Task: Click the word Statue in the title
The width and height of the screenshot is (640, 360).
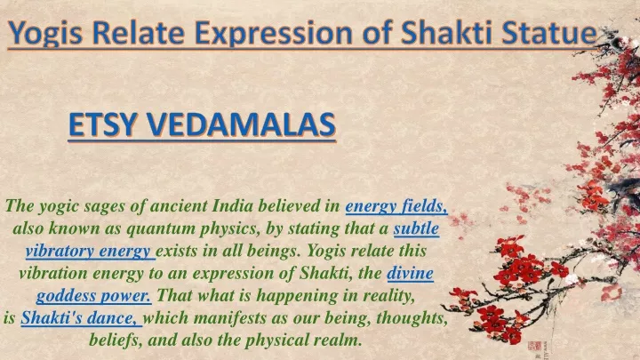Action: coord(549,33)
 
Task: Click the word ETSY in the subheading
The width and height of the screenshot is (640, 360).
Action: coord(101,124)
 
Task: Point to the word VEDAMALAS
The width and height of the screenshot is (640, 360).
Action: coord(241,124)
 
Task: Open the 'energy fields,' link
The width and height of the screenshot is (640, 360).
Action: coord(396,206)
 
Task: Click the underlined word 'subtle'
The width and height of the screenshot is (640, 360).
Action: coord(416,228)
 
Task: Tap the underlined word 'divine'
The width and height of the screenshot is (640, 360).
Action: coord(410,273)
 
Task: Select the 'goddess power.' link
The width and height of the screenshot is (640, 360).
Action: coord(93,295)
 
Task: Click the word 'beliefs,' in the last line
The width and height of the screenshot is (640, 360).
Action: coord(116,340)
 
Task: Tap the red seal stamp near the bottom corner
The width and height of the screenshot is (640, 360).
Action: coord(534,347)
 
